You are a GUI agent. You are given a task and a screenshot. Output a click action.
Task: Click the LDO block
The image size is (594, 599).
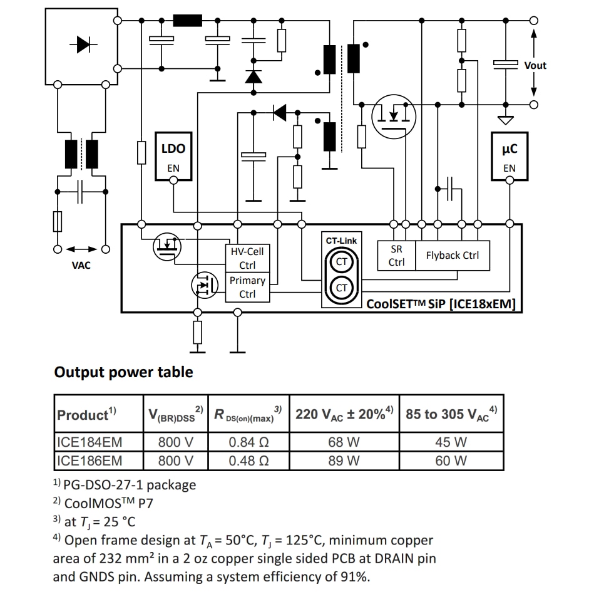tap(173, 157)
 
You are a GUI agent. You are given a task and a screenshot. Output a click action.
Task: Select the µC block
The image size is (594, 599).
tap(510, 157)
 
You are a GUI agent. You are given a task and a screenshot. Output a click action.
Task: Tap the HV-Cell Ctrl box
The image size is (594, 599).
tap(247, 258)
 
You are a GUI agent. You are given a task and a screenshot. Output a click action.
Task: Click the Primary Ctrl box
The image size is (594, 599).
tap(247, 287)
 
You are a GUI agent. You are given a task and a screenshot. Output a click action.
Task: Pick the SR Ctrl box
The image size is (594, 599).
tap(396, 256)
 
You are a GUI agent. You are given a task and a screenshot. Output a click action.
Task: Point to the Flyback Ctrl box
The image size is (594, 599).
tap(452, 256)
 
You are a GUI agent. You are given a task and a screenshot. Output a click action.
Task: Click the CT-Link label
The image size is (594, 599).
tap(341, 241)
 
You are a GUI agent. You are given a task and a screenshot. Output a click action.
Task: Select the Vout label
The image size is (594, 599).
tap(535, 65)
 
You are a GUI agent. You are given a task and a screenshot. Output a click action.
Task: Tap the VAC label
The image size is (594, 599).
tap(81, 266)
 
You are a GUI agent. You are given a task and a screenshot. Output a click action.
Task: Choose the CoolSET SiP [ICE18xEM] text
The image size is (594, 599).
tap(441, 305)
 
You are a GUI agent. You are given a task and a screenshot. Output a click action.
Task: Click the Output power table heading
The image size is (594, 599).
tap(124, 372)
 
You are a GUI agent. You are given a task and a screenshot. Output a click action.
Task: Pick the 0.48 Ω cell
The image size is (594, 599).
tap(248, 461)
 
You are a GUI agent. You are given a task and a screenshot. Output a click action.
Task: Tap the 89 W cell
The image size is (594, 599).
tap(344, 461)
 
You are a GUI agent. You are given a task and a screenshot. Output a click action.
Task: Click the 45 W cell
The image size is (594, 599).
tap(451, 442)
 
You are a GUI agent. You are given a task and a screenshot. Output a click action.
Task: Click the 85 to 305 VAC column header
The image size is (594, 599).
tap(451, 414)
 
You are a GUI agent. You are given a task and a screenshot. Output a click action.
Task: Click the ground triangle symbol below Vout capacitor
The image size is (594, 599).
tap(505, 119)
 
